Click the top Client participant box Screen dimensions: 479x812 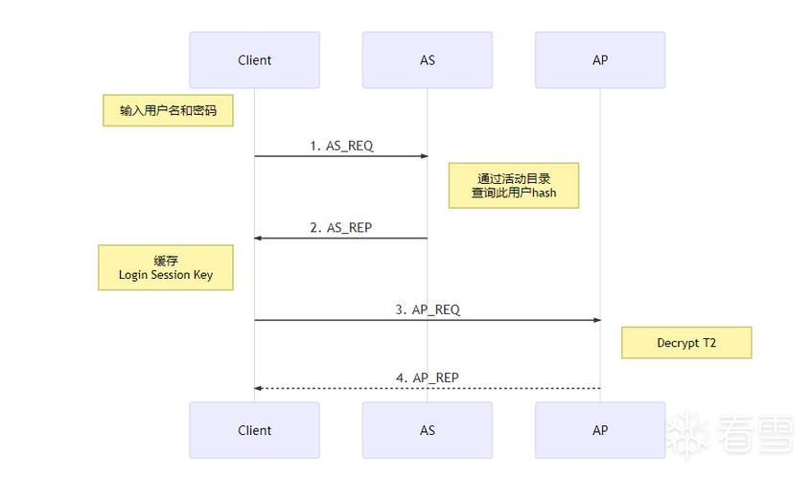[254, 60]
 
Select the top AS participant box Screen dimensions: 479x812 [427, 60]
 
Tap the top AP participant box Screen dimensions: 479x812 [599, 60]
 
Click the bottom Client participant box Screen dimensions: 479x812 [254, 430]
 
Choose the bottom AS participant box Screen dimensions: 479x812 [427, 430]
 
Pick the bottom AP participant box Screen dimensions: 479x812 [599, 430]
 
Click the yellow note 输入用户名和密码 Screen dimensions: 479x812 [168, 111]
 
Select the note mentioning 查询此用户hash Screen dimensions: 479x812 [514, 185]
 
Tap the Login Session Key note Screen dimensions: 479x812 [166, 267]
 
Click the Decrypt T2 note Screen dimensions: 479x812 [685, 343]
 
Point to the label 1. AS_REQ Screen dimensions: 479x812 [341, 146]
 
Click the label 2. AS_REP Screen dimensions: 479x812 [340, 228]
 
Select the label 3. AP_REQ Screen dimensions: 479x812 [428, 310]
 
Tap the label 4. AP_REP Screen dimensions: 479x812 [428, 377]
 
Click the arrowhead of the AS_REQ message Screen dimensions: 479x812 [423, 156]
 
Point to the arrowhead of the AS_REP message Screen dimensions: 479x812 [259, 239]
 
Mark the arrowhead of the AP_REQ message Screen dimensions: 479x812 [595, 321]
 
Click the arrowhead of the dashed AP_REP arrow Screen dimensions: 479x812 [259, 388]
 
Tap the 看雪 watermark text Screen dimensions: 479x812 [754, 435]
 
